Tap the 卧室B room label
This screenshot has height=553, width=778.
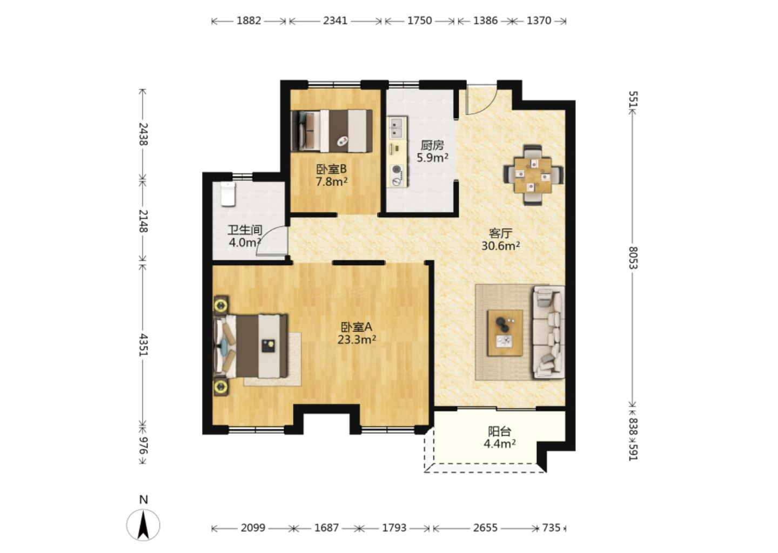point(331,169)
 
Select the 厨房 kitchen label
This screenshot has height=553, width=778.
point(432,145)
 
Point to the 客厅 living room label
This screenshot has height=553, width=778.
point(500,233)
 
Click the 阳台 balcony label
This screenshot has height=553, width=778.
point(499,431)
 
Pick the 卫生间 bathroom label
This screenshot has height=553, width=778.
point(245,230)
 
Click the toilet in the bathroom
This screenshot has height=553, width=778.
point(228,194)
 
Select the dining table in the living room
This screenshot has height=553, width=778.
point(533,175)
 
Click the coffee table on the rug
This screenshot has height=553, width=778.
point(505,333)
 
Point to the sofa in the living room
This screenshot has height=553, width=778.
point(548,332)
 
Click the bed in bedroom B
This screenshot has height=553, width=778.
point(332,131)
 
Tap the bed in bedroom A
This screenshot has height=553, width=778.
point(251,346)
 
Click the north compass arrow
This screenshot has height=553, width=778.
point(143,525)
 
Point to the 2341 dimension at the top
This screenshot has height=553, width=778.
point(335,21)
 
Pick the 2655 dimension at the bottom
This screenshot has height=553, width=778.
point(485,528)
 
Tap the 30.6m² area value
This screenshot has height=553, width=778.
point(500,246)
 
